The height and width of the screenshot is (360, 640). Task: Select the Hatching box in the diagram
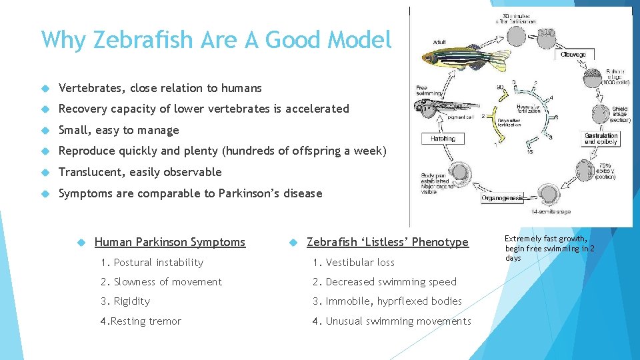point(443,139)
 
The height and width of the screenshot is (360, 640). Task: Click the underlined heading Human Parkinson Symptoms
point(170,242)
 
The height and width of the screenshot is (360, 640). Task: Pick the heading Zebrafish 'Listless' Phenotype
point(387,242)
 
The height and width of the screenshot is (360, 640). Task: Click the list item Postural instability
point(152,263)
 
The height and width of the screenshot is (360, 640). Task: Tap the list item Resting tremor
point(141,321)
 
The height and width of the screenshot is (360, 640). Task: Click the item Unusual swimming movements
point(398,321)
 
